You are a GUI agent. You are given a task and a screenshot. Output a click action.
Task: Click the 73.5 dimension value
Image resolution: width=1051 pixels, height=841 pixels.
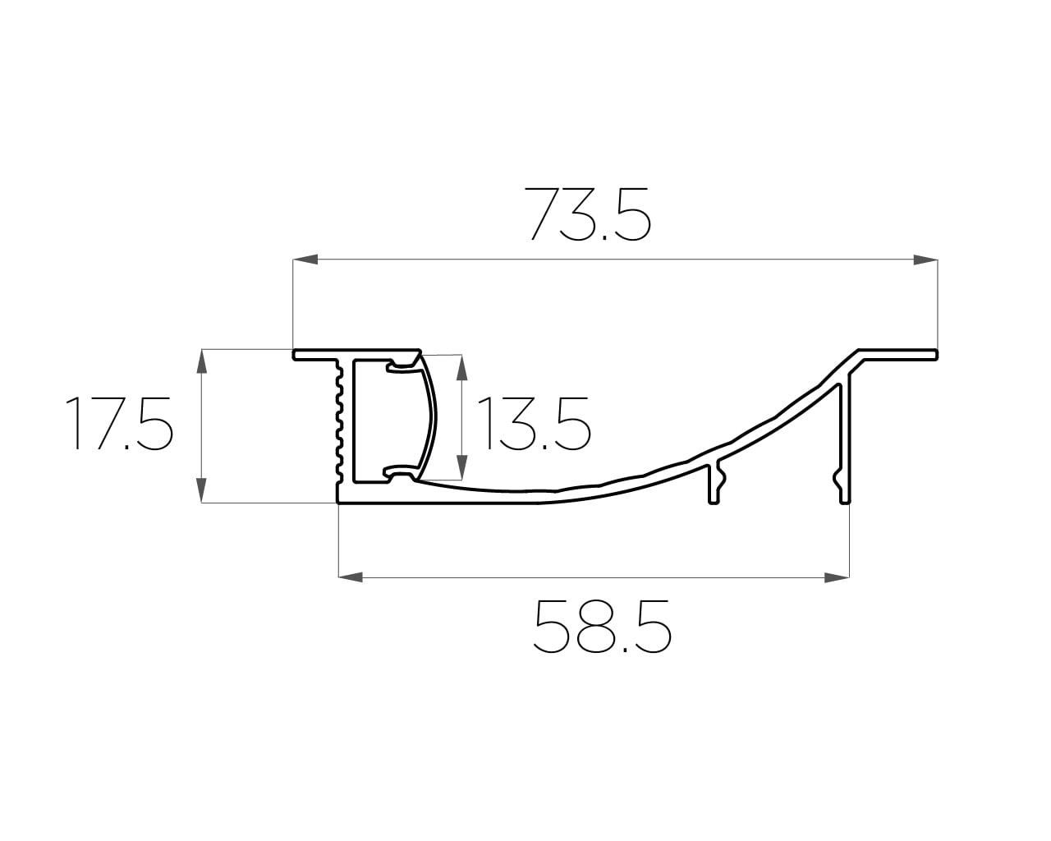click(x=590, y=214)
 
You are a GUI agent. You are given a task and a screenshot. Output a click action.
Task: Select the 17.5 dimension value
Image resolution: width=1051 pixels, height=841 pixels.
click(x=119, y=423)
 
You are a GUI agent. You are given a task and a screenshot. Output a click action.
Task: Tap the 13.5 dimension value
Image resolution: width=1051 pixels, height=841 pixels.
click(x=534, y=423)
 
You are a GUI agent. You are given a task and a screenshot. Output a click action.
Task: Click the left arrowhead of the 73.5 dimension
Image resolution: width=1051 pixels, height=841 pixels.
click(x=305, y=260)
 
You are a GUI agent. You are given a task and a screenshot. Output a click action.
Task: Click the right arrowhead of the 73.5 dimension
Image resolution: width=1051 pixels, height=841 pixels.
click(x=925, y=260)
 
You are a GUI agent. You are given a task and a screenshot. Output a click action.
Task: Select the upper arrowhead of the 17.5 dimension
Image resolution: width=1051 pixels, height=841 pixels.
click(x=202, y=361)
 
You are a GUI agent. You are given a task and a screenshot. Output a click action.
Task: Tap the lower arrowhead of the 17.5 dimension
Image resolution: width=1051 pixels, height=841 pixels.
click(x=202, y=490)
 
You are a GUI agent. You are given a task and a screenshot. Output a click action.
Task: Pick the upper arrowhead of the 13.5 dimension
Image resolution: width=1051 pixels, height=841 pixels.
click(x=461, y=367)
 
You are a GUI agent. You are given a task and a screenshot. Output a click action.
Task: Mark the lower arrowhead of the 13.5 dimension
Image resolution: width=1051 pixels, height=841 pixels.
click(x=461, y=467)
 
